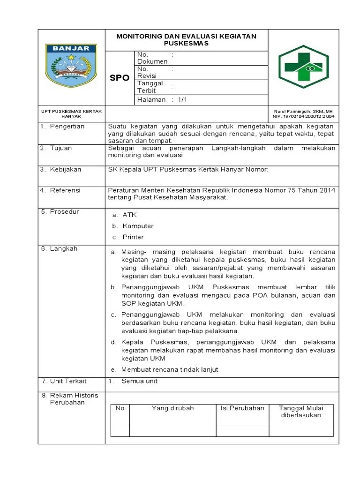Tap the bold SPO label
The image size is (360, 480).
pyautogui.click(x=120, y=78)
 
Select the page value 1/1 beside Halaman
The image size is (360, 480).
pyautogui.click(x=182, y=100)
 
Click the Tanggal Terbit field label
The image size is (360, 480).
pyautogui.click(x=150, y=87)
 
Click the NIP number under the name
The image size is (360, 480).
pyautogui.click(x=304, y=116)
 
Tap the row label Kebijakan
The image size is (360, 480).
pyautogui.click(x=66, y=169)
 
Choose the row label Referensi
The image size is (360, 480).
pyautogui.click(x=65, y=190)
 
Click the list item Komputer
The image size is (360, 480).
pyautogui.click(x=138, y=226)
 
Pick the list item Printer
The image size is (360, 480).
pyautogui.click(x=133, y=237)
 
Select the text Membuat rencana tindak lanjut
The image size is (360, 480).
pyautogui.click(x=169, y=369)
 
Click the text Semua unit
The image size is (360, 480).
pyautogui.click(x=139, y=381)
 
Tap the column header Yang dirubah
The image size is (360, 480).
pyautogui.click(x=172, y=408)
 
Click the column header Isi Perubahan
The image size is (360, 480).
pyautogui.click(x=242, y=408)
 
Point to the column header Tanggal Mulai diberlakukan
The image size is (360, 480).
pyautogui.click(x=300, y=412)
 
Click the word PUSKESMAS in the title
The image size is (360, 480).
pyautogui.click(x=186, y=43)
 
